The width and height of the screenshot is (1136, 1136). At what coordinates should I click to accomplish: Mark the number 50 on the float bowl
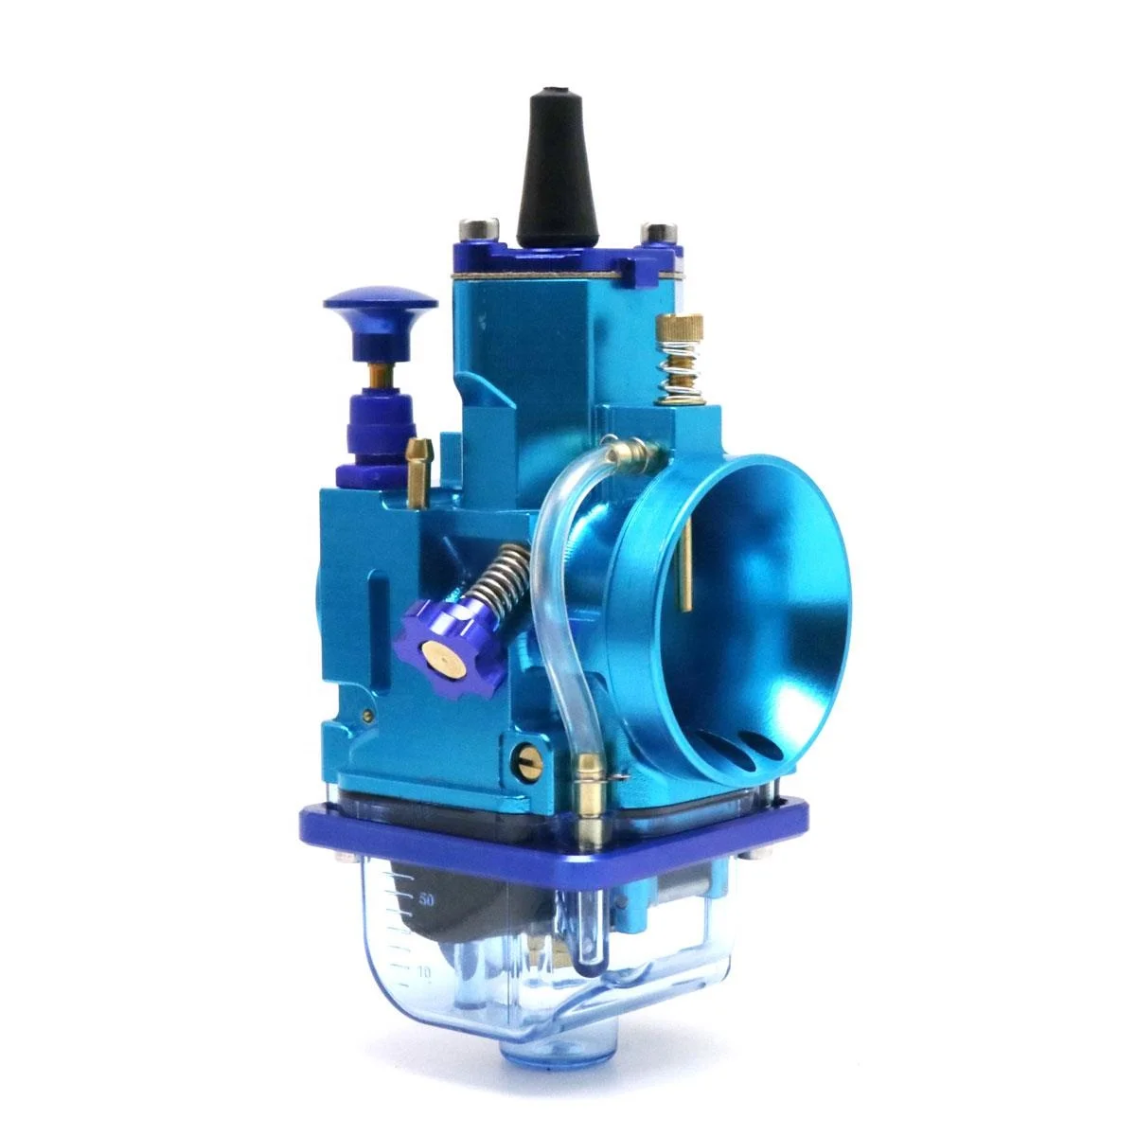(x=425, y=899)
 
